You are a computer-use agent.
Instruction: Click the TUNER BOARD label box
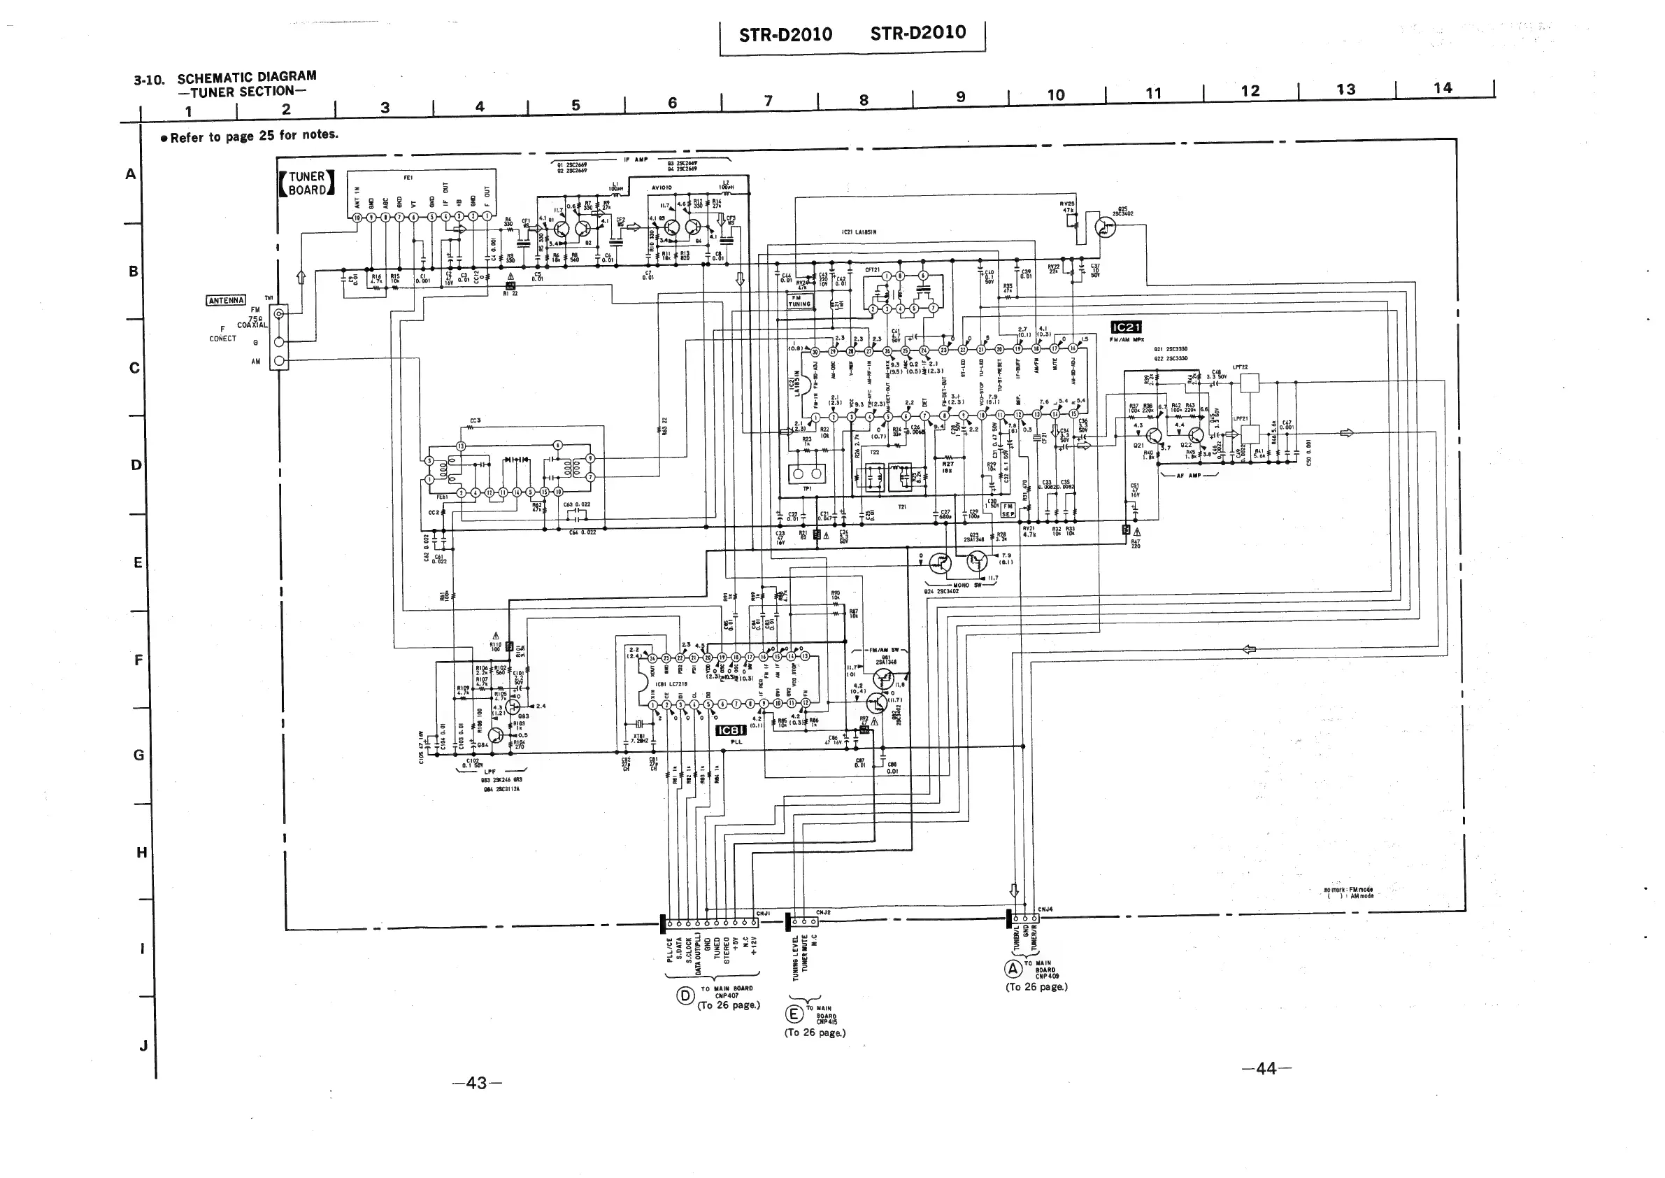tap(307, 183)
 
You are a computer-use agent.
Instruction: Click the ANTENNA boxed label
tap(227, 300)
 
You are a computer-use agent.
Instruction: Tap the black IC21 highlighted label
tap(1126, 327)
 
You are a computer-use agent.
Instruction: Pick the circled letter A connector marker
tap(1013, 968)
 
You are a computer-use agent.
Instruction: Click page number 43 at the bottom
tap(476, 1083)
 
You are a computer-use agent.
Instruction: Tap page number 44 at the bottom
tap(1266, 1068)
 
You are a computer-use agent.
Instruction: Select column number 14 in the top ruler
tap(1443, 87)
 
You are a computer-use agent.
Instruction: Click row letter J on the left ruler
tap(143, 1045)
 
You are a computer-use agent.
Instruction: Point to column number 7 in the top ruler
tap(769, 101)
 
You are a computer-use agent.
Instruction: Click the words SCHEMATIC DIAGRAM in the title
tap(247, 77)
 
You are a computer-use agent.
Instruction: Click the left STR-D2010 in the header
tap(785, 35)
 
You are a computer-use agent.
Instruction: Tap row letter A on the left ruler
tap(131, 174)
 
